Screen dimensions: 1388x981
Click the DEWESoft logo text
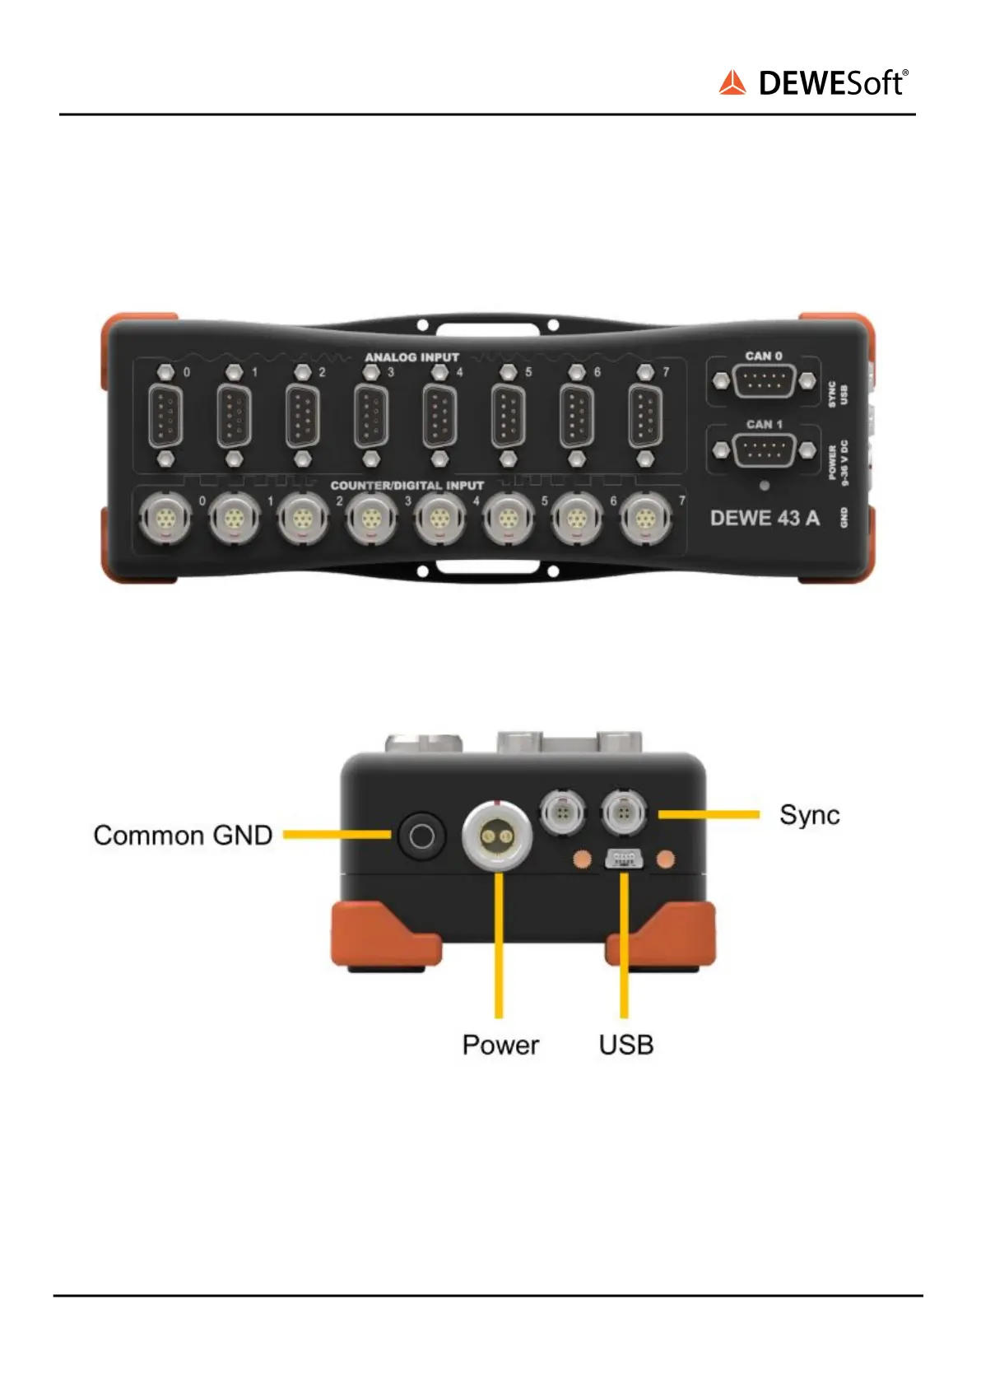pyautogui.click(x=832, y=83)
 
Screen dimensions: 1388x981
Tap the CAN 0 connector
pyautogui.click(x=764, y=382)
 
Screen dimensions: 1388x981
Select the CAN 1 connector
pyautogui.click(x=764, y=450)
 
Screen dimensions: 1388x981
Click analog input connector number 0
pyautogui.click(x=165, y=416)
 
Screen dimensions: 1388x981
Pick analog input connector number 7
pyautogui.click(x=645, y=416)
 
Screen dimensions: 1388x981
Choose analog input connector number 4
pyautogui.click(x=439, y=416)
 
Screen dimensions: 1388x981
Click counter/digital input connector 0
pyautogui.click(x=165, y=520)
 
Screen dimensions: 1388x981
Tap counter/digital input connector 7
pyautogui.click(x=645, y=520)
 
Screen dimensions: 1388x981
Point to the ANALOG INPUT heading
pyautogui.click(x=411, y=357)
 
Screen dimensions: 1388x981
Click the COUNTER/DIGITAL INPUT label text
pyautogui.click(x=407, y=486)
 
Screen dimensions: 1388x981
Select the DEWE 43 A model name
pyautogui.click(x=765, y=518)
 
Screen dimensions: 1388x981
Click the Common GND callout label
pyautogui.click(x=183, y=836)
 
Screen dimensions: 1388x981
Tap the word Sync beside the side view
pyautogui.click(x=810, y=815)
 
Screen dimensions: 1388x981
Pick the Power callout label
pyautogui.click(x=500, y=1045)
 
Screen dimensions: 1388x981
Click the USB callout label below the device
pyautogui.click(x=626, y=1045)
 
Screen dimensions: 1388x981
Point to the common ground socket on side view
pyautogui.click(x=421, y=836)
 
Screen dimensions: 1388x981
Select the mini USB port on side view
pyautogui.click(x=624, y=859)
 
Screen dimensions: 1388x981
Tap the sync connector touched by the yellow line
pyautogui.click(x=624, y=814)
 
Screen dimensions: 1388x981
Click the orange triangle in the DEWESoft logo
pyautogui.click(x=732, y=83)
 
